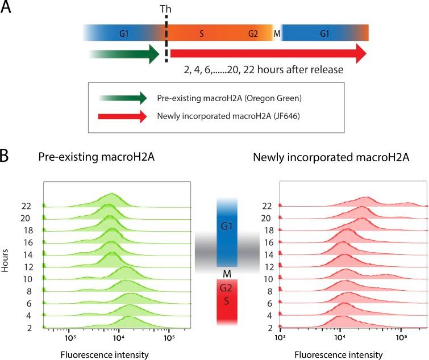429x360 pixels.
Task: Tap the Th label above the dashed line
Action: [x=166, y=9]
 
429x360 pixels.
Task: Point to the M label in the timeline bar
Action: [x=277, y=34]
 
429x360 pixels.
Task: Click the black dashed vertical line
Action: [x=166, y=40]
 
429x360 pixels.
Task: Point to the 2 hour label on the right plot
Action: [x=266, y=328]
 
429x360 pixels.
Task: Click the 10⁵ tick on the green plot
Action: [x=169, y=339]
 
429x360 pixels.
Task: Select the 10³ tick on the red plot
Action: [x=280, y=339]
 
